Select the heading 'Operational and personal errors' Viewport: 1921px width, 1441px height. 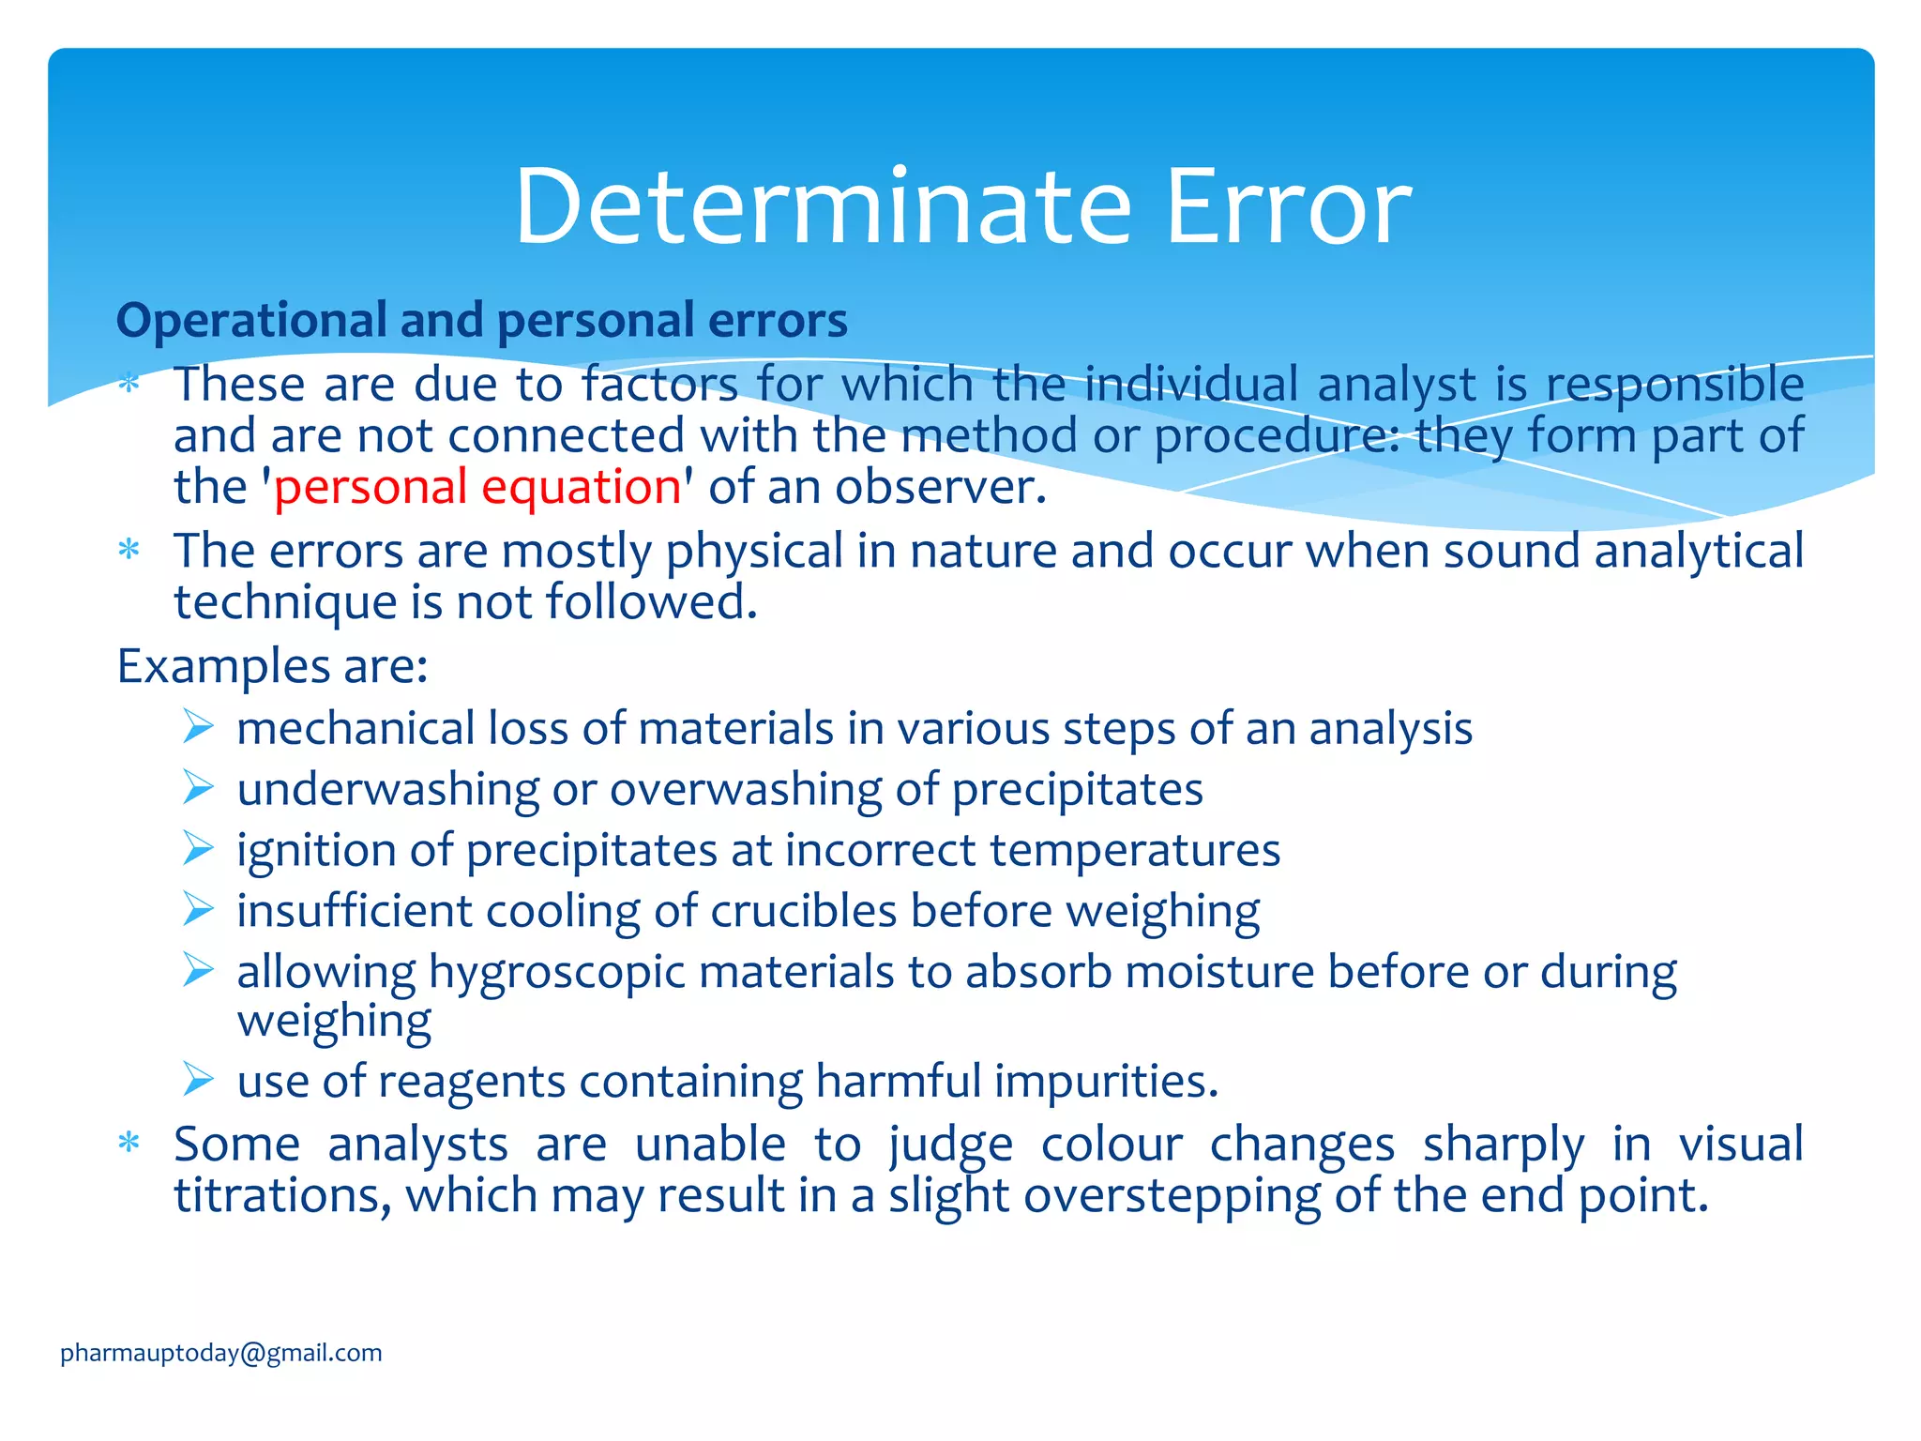click(481, 320)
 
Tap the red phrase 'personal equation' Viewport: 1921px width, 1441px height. click(477, 487)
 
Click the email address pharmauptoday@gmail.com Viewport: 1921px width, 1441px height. click(221, 1353)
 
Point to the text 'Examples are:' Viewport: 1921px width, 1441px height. click(272, 666)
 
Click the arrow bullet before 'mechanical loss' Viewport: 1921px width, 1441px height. click(198, 727)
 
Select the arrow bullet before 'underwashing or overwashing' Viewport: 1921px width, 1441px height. click(198, 788)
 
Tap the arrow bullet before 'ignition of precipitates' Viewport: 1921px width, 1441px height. click(198, 848)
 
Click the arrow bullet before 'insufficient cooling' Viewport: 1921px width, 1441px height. click(198, 909)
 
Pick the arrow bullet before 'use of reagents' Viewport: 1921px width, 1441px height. click(198, 1080)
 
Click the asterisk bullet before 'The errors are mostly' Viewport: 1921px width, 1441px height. click(129, 550)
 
